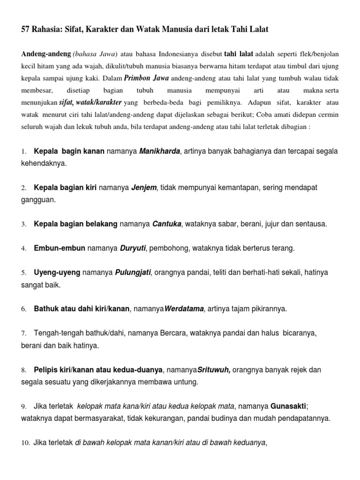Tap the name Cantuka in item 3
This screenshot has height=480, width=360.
tap(167, 224)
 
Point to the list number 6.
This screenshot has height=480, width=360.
tap(23, 309)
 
